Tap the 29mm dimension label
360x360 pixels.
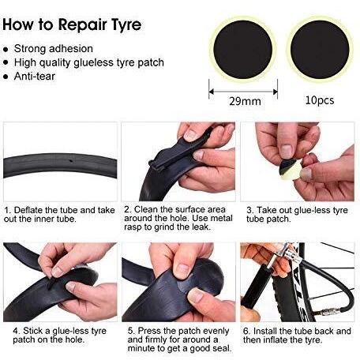click(x=245, y=101)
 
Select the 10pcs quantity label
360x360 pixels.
click(x=320, y=100)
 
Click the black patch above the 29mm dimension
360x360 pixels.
click(x=243, y=50)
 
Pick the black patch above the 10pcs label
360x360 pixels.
click(x=320, y=50)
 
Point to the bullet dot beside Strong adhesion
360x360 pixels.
click(x=6, y=50)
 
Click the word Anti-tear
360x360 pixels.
click(x=35, y=77)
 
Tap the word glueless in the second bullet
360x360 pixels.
click(x=93, y=62)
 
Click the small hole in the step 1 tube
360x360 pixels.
click(x=71, y=160)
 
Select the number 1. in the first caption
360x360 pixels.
click(x=7, y=210)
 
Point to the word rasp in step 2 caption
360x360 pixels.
click(x=133, y=227)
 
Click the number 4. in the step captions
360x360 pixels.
click(x=17, y=331)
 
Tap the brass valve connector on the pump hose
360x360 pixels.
click(x=326, y=313)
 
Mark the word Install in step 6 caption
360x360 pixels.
click(x=265, y=331)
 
